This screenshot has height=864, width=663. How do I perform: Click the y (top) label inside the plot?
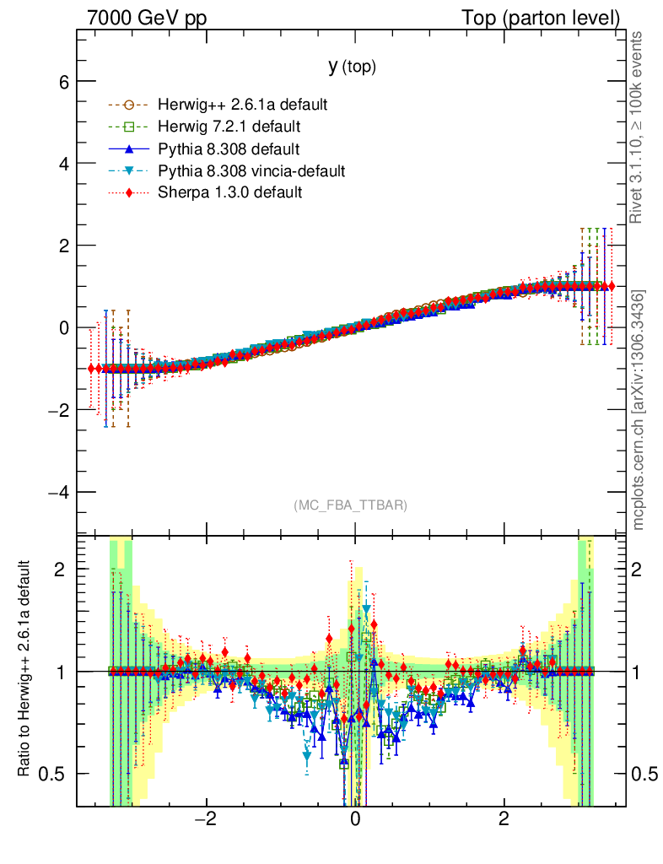click(x=352, y=67)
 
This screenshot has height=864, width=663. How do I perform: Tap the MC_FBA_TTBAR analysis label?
click(x=351, y=505)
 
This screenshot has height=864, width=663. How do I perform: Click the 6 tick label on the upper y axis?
click(x=63, y=82)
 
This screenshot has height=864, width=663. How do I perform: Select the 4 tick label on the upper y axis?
click(x=63, y=164)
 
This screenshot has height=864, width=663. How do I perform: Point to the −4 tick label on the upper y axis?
click(x=58, y=492)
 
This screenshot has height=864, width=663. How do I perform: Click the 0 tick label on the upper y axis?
click(x=63, y=327)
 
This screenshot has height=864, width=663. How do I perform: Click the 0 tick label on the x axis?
click(x=355, y=819)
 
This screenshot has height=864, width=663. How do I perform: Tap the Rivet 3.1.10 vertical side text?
click(x=638, y=127)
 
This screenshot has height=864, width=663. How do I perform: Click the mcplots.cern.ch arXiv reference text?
click(x=638, y=410)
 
